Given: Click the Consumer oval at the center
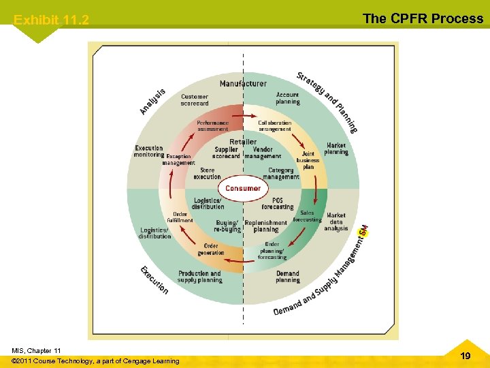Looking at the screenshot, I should pos(243,188).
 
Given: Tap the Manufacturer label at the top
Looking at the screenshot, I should pos(243,84).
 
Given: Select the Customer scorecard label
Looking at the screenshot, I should pos(195,100).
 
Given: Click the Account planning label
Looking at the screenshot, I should pos(288,98).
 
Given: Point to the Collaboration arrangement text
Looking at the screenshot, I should pos(275,126).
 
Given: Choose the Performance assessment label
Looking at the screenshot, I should pos(213,126).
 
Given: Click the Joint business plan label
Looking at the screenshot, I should pos(308,160).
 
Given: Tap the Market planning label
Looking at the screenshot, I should pos(336,149).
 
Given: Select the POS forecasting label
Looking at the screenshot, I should pos(278,204).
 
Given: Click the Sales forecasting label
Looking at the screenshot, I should pos(307,216).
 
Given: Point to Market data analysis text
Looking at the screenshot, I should pos(336,221).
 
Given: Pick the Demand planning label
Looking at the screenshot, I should pos(288,277).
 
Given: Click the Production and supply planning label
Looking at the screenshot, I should pos(200,277).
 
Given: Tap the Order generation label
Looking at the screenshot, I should pos(211,249).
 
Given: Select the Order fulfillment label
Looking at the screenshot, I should pos(180,217).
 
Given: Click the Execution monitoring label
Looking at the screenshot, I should pos(149,151).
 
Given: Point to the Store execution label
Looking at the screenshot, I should pos(207,173).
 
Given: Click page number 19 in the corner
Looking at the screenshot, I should pos(465,355).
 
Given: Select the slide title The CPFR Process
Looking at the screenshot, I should pos(423,18).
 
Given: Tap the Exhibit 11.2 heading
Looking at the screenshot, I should pos(51,20).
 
